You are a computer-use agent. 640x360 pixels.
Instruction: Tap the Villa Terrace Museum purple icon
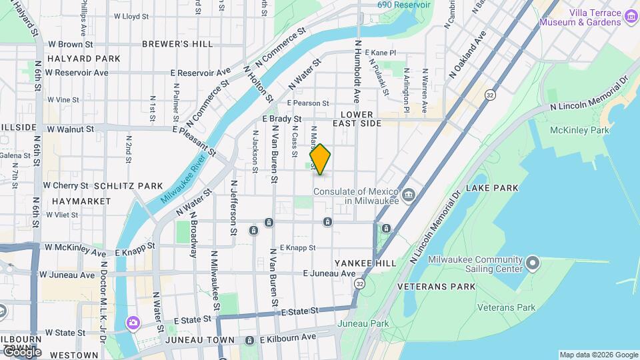pos(631,14)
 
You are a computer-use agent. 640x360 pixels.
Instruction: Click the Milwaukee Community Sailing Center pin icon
pos(532,263)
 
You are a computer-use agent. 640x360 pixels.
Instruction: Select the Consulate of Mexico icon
pos(408,195)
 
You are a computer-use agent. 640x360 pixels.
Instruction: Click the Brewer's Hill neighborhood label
pos(177,44)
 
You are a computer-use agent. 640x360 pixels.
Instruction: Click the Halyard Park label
pos(84,59)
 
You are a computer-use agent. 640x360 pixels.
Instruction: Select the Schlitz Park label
pos(128,185)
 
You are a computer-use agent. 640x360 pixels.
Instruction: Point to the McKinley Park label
pos(579,131)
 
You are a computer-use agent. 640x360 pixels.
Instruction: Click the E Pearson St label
pos(308,103)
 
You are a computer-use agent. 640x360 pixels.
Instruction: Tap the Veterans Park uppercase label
pos(436,287)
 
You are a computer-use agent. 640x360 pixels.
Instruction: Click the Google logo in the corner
pos(21,352)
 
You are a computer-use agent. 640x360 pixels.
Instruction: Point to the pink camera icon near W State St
pos(133,323)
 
